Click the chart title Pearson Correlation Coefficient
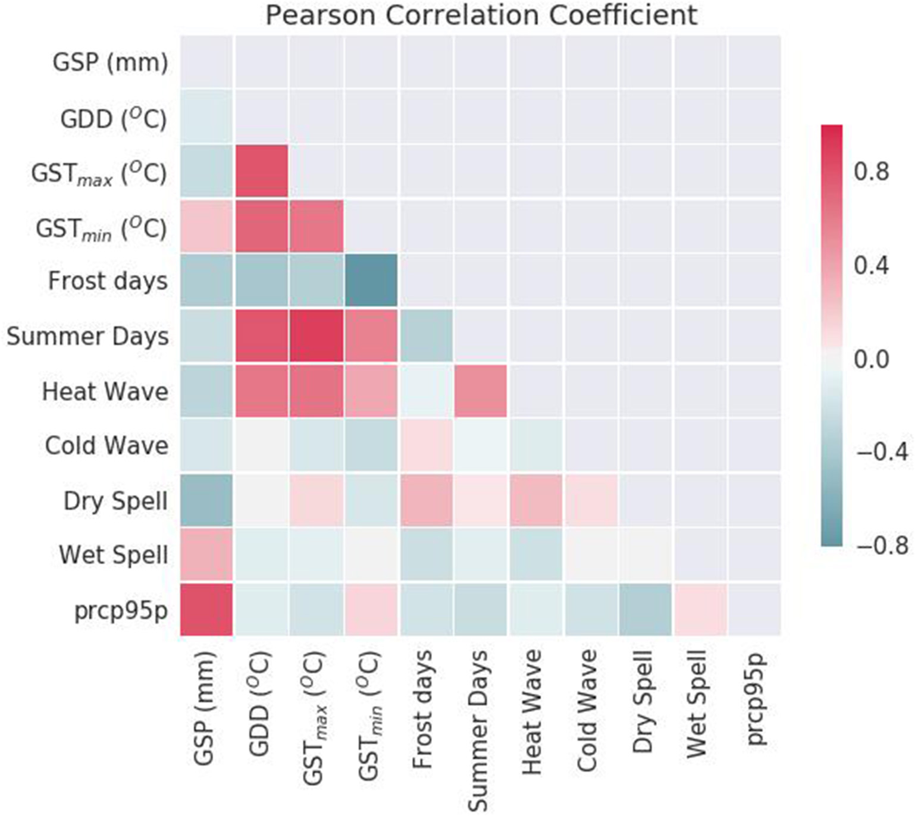[481, 15]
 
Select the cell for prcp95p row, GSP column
[206, 610]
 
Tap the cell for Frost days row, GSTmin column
[371, 280]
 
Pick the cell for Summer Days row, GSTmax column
[316, 335]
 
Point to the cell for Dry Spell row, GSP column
[206, 500]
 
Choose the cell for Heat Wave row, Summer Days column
[480, 391]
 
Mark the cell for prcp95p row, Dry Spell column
[645, 610]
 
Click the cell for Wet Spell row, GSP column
[206, 555]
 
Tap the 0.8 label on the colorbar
[872, 172]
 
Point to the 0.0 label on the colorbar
[872, 359]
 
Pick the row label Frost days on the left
[108, 281]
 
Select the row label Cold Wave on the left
[106, 445]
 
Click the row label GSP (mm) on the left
[110, 62]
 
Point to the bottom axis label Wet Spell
[697, 704]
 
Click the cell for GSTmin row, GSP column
[206, 226]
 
